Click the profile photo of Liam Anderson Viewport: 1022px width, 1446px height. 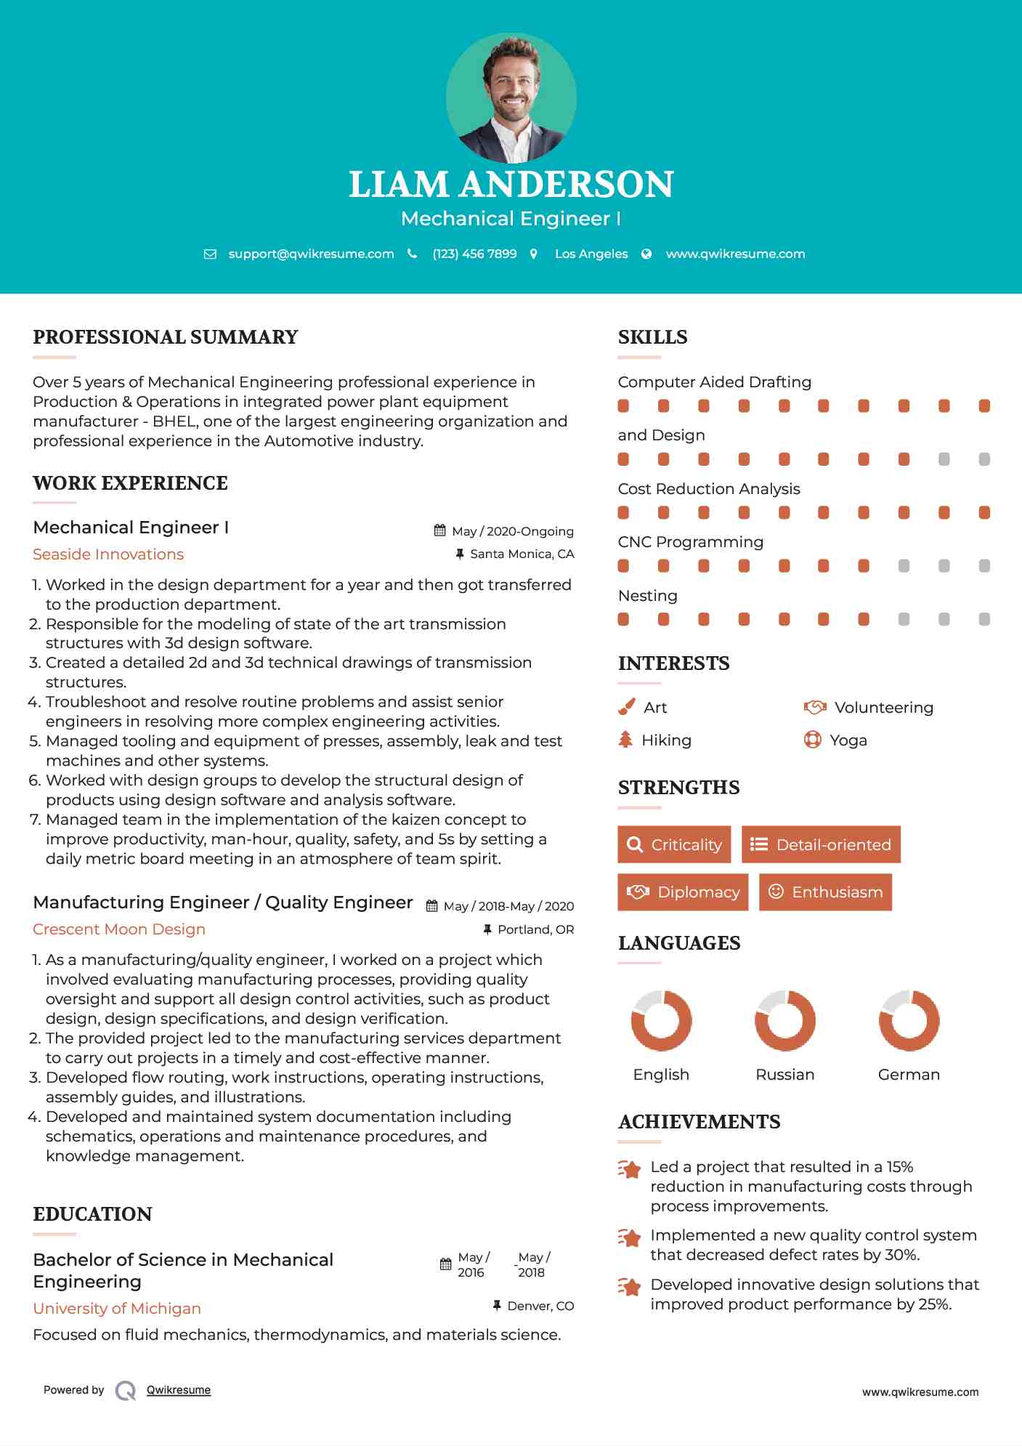point(511,97)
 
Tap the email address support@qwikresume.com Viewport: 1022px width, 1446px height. point(311,254)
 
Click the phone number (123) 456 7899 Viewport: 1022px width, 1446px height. point(474,254)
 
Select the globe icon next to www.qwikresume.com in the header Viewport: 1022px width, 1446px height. point(646,254)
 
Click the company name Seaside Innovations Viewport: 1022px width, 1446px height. point(108,554)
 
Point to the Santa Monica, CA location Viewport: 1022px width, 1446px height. point(522,554)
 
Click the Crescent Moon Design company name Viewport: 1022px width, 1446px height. point(119,929)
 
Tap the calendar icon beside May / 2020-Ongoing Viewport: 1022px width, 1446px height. point(439,530)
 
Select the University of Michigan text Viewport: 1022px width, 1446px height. point(117,1309)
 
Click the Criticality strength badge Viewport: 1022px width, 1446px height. point(674,844)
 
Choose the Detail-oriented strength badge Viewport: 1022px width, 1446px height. point(821,844)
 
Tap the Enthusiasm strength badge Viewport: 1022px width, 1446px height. point(825,892)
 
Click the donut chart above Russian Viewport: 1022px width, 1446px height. point(784,1020)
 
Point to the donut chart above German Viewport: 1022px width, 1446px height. point(909,1020)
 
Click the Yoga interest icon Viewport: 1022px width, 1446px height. point(812,740)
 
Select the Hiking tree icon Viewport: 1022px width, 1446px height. point(625,740)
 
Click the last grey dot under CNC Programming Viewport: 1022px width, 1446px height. point(984,565)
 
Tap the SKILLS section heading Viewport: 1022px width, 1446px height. point(652,337)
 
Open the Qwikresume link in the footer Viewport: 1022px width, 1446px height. point(179,1390)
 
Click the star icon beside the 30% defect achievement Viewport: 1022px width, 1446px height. point(630,1237)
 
